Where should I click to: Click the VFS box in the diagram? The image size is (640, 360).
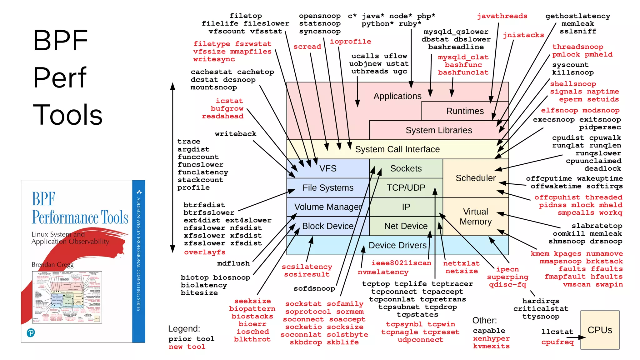[x=328, y=168]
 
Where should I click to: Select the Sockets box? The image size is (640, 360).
[x=406, y=168]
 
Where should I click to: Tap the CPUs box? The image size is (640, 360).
[x=600, y=330]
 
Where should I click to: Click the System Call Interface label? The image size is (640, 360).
[x=397, y=149]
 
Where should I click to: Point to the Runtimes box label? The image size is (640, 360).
[x=465, y=111]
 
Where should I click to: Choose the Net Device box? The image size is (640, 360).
[x=406, y=226]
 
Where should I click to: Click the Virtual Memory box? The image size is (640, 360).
[x=475, y=217]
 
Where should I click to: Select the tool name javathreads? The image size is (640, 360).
[x=502, y=16]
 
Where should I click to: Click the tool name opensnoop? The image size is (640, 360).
[x=320, y=16]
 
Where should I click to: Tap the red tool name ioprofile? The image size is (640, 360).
[x=351, y=41]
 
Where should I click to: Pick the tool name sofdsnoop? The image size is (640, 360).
[x=314, y=288]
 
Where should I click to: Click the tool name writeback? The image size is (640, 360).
[x=235, y=134]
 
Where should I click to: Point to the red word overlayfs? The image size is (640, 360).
[x=205, y=252]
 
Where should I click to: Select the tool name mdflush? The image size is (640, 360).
[x=233, y=263]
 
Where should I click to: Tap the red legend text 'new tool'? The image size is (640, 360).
[x=187, y=347]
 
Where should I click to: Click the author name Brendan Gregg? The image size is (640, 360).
[x=52, y=265]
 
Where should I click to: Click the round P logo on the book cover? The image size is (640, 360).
[x=31, y=333]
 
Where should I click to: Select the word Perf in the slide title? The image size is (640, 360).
[x=60, y=77]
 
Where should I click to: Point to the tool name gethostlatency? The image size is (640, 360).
[x=577, y=16]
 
